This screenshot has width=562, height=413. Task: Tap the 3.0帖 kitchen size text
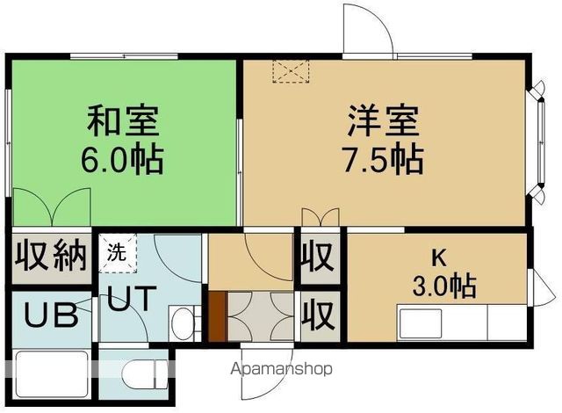(x=444, y=286)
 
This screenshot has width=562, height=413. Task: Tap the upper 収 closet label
(x=318, y=257)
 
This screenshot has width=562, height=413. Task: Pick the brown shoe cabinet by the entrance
(x=217, y=315)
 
